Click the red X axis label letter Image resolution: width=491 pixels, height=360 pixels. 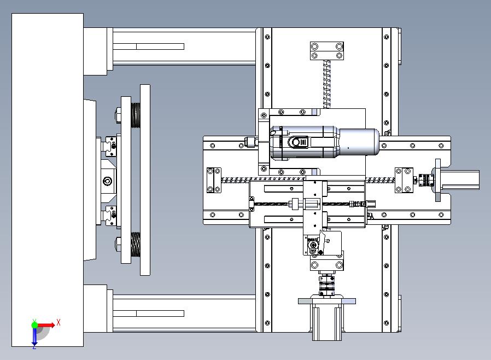pos(59,322)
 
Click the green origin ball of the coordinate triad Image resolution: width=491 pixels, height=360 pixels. pos(34,325)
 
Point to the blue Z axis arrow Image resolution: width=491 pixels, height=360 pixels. pos(34,336)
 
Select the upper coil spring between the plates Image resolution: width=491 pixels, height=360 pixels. pos(136,115)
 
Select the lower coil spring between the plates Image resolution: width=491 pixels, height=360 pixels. pos(136,244)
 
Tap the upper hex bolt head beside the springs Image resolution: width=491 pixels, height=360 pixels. pos(118,115)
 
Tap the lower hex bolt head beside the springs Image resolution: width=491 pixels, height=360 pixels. pos(118,244)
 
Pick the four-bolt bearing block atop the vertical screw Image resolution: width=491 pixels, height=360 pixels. pos(327,51)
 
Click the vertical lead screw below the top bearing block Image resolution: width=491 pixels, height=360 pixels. pos(326,84)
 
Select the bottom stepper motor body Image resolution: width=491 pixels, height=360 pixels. pos(327,320)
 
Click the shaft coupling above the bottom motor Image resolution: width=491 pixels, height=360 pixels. pos(326,285)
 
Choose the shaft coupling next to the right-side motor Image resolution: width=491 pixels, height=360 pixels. pos(426,180)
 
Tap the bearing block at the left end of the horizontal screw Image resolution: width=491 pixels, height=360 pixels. pos(214,180)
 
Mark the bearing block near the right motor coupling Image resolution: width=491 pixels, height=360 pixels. pos(404,180)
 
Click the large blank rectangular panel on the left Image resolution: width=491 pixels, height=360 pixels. pos(48,180)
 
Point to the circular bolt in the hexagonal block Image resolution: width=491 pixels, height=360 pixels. pos(107,181)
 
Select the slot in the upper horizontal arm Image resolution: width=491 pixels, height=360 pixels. pos(148,47)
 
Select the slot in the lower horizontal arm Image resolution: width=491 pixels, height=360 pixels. pos(148,313)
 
